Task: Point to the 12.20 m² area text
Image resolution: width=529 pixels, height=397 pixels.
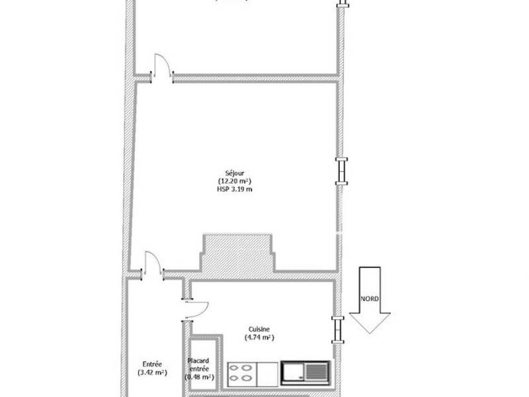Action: [234, 181]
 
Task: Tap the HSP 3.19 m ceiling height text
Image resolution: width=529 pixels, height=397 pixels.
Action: [234, 189]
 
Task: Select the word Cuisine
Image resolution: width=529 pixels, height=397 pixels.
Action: [259, 330]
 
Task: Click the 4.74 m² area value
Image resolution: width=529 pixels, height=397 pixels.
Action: [259, 337]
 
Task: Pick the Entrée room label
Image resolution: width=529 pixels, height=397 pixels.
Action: [153, 364]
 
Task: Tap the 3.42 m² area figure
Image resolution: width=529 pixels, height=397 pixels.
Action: [153, 373]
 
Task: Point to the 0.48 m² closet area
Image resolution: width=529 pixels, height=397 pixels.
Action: [198, 376]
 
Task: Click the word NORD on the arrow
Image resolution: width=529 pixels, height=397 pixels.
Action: [370, 298]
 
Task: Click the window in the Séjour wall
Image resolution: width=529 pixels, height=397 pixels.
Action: [341, 171]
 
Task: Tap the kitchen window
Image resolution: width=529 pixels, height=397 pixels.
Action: [339, 329]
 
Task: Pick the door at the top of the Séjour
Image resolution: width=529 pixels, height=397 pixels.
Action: [162, 67]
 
